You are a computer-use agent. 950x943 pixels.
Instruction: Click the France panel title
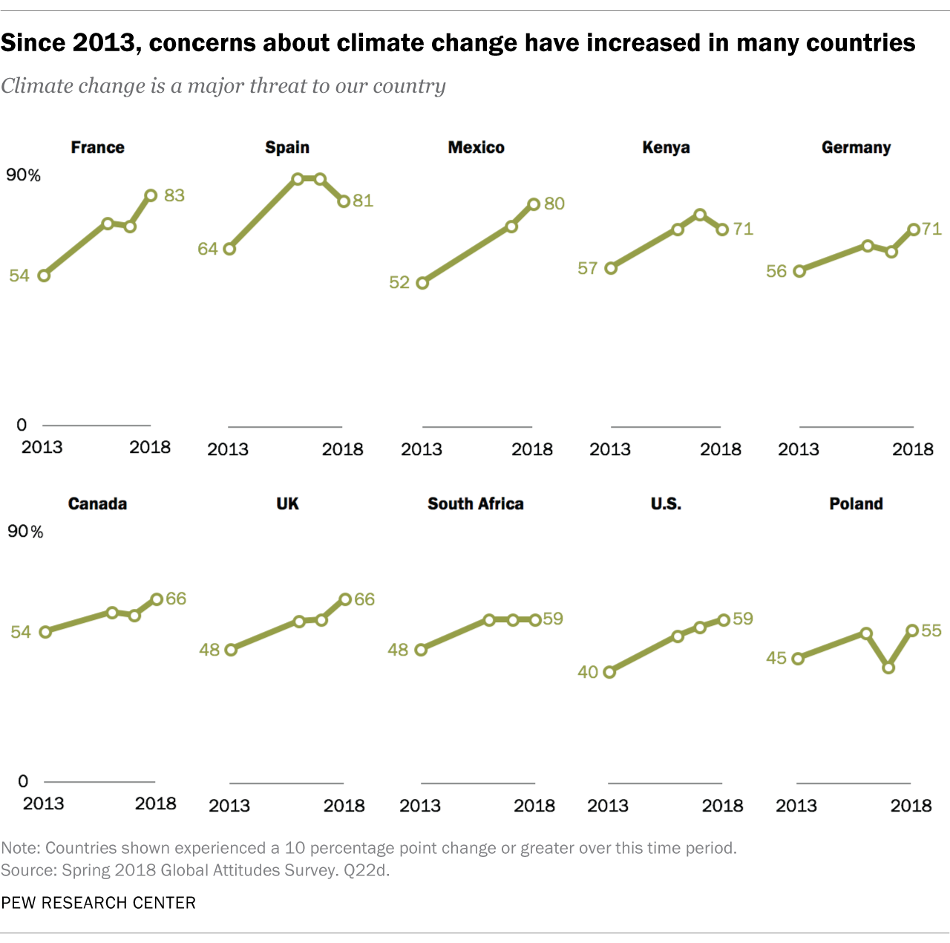click(97, 147)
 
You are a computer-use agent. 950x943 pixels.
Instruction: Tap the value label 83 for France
click(174, 195)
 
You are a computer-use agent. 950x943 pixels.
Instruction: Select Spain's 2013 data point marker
click(229, 249)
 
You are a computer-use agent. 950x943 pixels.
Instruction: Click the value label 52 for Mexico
click(399, 282)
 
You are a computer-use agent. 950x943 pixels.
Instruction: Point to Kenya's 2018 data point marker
click(722, 229)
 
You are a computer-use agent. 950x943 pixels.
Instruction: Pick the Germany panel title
click(856, 147)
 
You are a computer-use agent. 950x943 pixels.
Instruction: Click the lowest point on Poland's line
click(888, 668)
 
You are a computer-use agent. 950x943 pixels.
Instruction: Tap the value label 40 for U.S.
click(588, 672)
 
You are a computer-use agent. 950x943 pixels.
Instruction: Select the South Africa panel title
click(475, 503)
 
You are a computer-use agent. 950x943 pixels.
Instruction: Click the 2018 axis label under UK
click(344, 806)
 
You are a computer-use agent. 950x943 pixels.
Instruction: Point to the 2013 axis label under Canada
click(43, 803)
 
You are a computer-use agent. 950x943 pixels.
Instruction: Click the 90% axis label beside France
click(24, 175)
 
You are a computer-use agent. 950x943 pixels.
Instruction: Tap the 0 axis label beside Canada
click(23, 781)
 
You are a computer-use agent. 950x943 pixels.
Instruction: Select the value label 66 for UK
click(364, 599)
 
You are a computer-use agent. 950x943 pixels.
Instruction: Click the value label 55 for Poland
click(931, 630)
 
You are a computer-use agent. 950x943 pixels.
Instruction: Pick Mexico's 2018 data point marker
click(534, 204)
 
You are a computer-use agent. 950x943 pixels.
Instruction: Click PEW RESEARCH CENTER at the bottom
click(98, 903)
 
